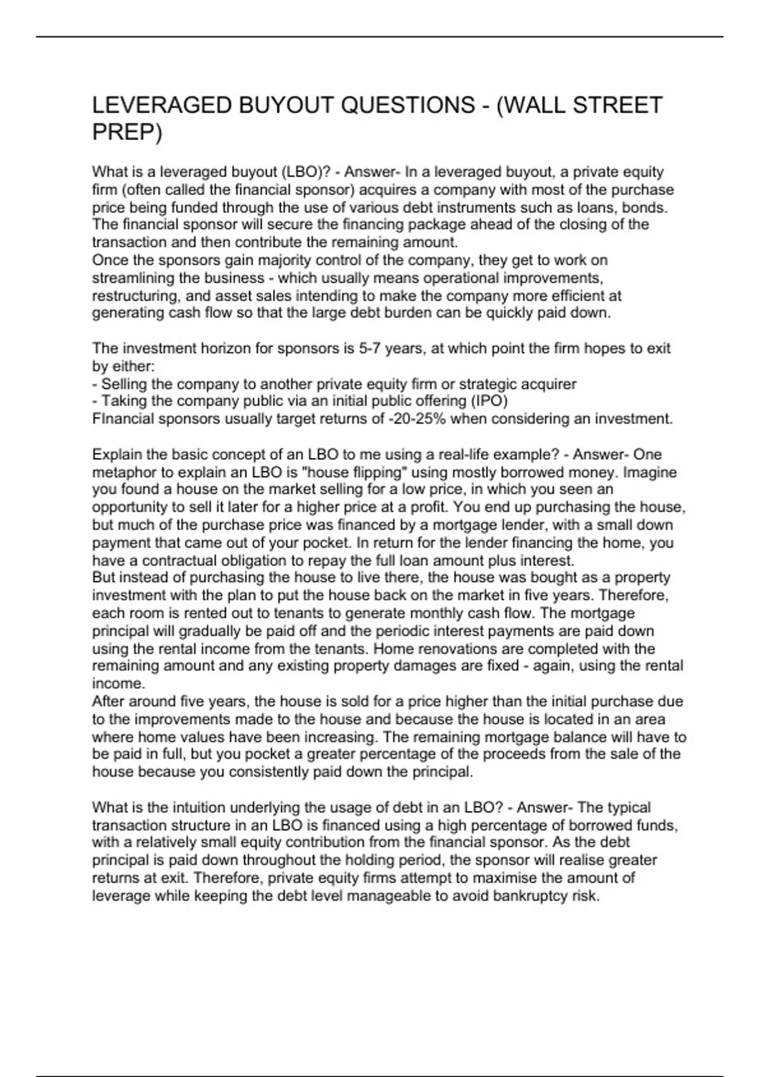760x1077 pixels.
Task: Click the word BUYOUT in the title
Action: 285,105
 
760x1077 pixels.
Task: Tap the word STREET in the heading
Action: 618,105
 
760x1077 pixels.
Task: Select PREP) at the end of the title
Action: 127,132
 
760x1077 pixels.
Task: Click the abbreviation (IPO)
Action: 488,401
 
